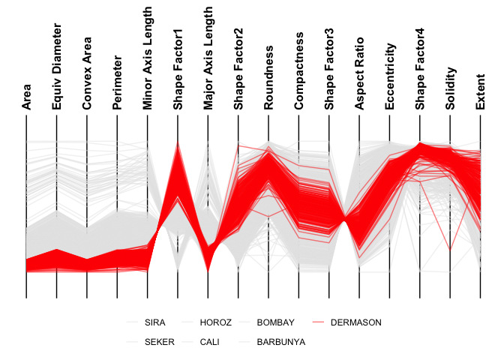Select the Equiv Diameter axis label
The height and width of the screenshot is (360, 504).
57,67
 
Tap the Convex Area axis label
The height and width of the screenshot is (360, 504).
87,73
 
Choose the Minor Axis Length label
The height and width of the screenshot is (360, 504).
148,59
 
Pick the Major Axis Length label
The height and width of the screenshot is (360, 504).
208,59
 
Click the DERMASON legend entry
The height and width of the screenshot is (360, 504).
355,322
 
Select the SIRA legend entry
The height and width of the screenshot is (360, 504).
155,322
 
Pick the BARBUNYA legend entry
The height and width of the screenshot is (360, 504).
281,342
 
